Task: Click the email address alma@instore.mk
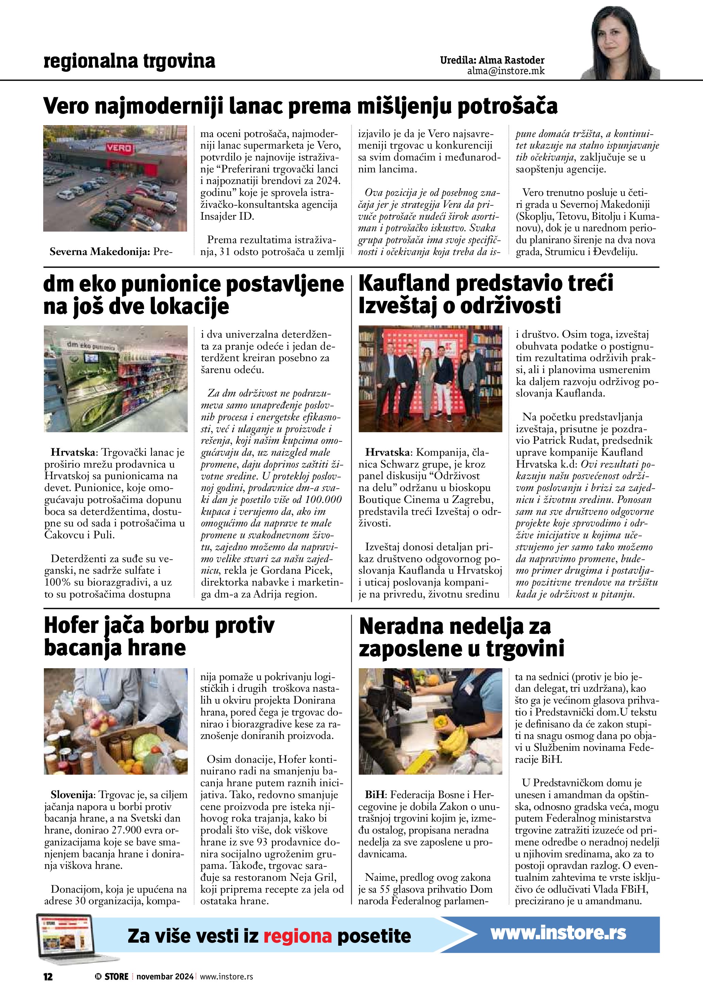pyautogui.click(x=506, y=71)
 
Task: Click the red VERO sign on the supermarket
pyautogui.click(x=119, y=148)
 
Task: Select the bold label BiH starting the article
pyautogui.click(x=374, y=795)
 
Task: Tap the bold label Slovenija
pyautogui.click(x=72, y=795)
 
